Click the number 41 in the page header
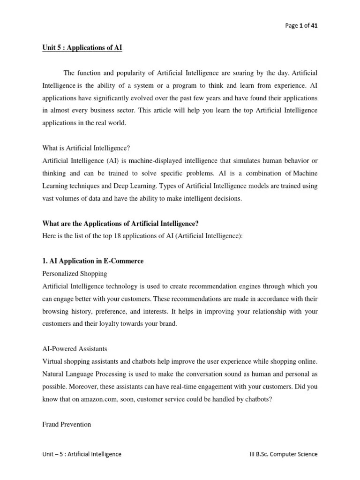pyautogui.click(x=314, y=26)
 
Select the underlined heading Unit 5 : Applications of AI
pyautogui.click(x=82, y=49)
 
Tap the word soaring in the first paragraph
pyautogui.click(x=244, y=74)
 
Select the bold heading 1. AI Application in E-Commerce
pyautogui.click(x=93, y=261)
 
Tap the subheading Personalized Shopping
pyautogui.click(x=75, y=273)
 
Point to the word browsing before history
pyautogui.click(x=57, y=311)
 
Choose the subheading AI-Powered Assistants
pyautogui.click(x=75, y=349)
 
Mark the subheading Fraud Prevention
pyautogui.click(x=67, y=424)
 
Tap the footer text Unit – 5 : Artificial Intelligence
pyautogui.click(x=82, y=454)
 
